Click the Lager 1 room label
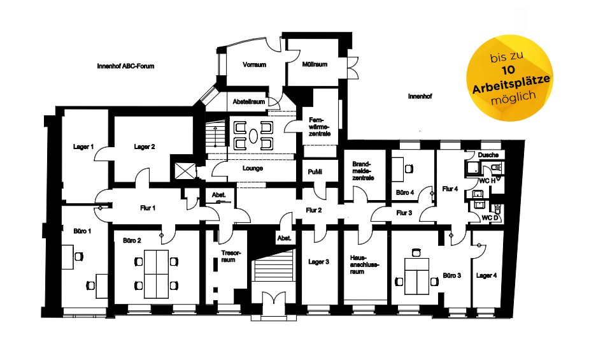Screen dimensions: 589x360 click(x=83, y=147)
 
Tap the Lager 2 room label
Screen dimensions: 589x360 click(x=145, y=147)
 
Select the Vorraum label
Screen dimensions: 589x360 click(x=254, y=64)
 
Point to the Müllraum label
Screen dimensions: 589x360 click(x=315, y=64)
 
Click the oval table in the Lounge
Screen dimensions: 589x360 click(x=253, y=136)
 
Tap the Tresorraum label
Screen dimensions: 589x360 click(x=228, y=256)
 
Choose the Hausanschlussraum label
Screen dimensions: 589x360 click(x=364, y=264)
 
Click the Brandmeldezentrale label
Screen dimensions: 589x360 click(x=363, y=171)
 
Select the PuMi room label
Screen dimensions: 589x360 click(x=315, y=172)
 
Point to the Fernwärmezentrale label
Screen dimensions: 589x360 click(x=319, y=127)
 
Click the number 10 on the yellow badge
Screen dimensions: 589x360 click(x=508, y=70)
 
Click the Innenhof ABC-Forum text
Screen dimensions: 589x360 click(x=125, y=66)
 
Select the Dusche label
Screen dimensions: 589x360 click(x=488, y=155)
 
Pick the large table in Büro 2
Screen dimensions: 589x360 click(x=156, y=274)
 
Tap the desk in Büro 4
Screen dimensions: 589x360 click(x=397, y=169)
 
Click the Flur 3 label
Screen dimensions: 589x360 click(x=404, y=213)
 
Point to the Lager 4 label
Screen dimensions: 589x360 click(x=486, y=275)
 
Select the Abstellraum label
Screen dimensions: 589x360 click(x=249, y=101)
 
